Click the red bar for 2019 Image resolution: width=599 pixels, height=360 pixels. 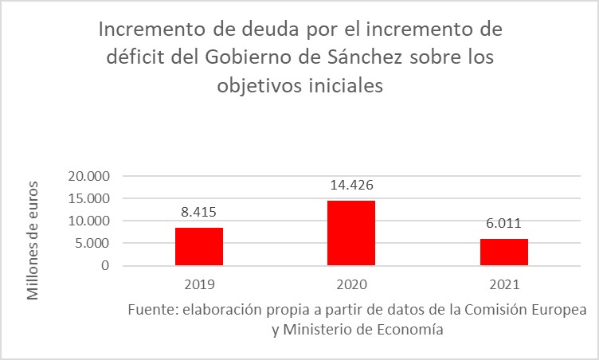click(199, 247)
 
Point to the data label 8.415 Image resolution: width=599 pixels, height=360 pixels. click(199, 213)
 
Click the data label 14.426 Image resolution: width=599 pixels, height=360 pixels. click(352, 186)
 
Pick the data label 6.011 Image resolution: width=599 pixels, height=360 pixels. click(504, 224)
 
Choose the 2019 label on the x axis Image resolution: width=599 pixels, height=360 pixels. click(199, 283)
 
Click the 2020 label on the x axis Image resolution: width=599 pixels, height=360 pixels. click(351, 283)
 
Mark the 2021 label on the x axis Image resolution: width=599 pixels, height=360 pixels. click(504, 283)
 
